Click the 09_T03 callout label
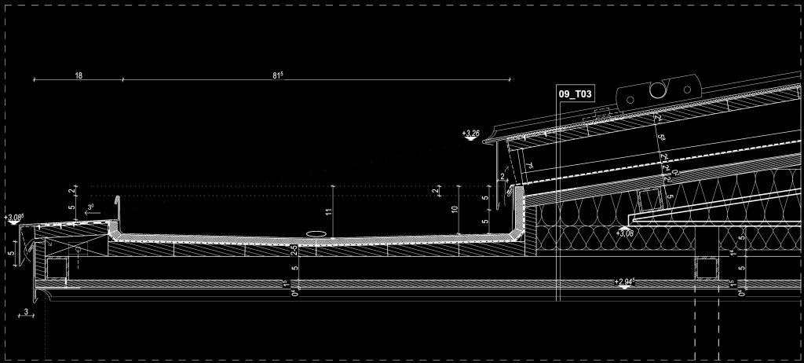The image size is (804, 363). click(574, 93)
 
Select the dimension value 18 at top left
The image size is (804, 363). click(79, 75)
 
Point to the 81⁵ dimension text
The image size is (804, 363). click(277, 75)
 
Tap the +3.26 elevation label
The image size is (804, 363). click(472, 134)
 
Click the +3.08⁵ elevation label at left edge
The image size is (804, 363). click(13, 216)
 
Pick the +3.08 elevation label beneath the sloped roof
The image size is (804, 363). click(626, 233)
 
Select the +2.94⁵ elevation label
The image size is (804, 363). click(625, 280)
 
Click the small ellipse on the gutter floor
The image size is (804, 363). click(316, 233)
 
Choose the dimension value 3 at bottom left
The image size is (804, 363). click(26, 312)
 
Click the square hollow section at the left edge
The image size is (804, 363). click(57, 269)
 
